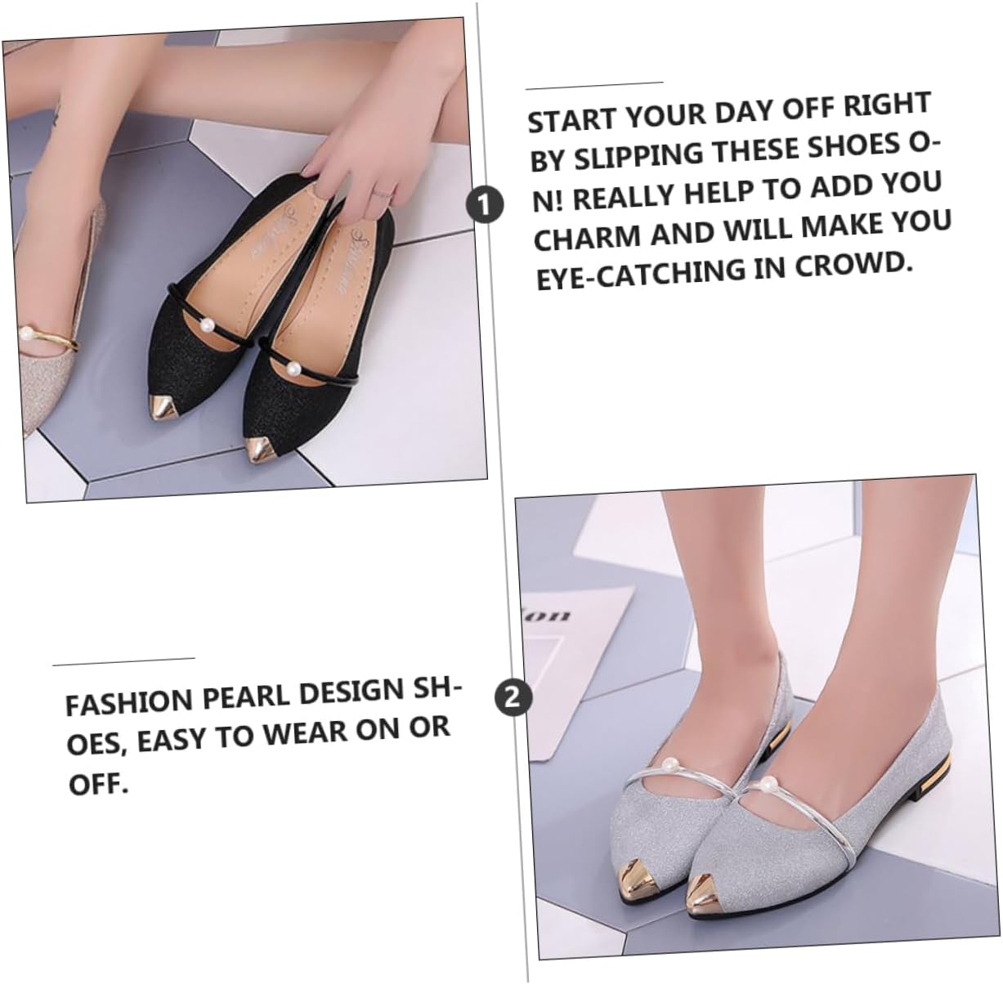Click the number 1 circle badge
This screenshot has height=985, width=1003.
[484, 204]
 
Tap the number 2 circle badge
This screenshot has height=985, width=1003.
[513, 697]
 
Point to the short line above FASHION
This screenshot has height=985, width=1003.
[124, 661]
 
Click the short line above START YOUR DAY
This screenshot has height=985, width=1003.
[594, 86]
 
